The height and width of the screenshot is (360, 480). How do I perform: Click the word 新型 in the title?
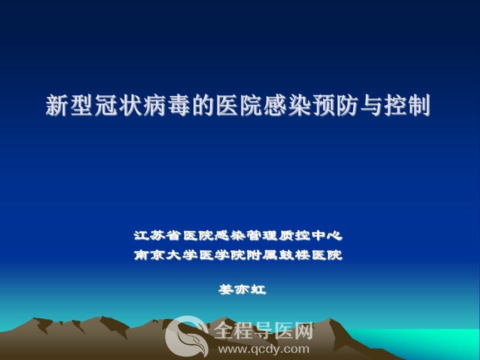(x=69, y=105)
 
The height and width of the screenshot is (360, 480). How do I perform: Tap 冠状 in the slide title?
(x=117, y=105)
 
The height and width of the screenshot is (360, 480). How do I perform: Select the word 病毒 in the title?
(x=166, y=105)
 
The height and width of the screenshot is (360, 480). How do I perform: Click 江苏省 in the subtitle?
(x=157, y=235)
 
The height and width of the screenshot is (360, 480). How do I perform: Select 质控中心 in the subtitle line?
(x=310, y=235)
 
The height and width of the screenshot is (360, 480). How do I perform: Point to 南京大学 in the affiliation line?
(x=165, y=254)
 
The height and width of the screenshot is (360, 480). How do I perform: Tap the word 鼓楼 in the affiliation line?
(x=294, y=254)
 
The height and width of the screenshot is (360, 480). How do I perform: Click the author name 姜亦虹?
(x=242, y=289)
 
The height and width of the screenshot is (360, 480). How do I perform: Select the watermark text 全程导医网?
(x=263, y=331)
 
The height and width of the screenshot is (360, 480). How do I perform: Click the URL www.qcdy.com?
(x=263, y=349)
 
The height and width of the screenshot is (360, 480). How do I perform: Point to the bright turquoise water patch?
(x=428, y=343)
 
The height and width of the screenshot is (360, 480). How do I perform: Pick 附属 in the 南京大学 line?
(x=262, y=254)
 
